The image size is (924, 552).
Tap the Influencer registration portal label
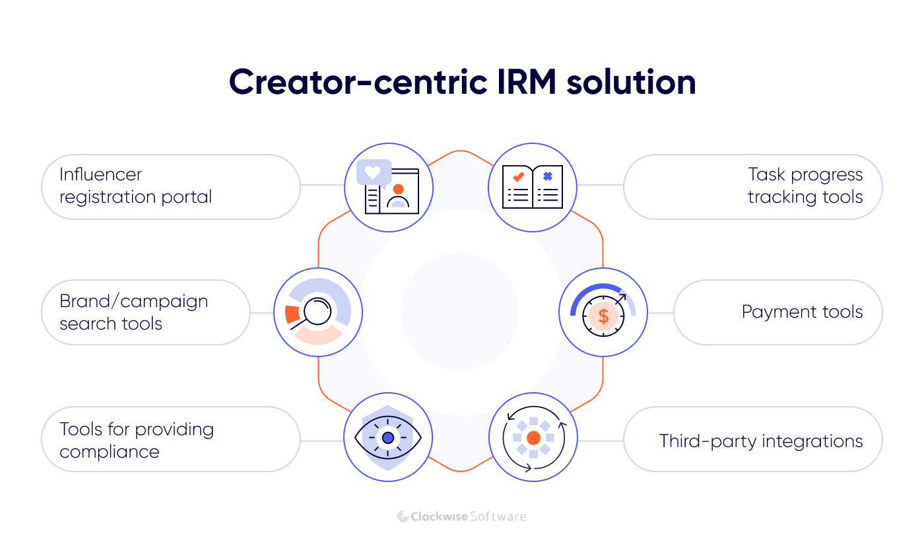click(135, 186)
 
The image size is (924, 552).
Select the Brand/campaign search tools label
click(133, 312)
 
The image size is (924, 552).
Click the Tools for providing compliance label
click(137, 440)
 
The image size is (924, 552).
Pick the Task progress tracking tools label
click(805, 186)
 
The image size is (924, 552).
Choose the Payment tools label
click(802, 312)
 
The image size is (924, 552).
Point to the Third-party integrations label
click(760, 441)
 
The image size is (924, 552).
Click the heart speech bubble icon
click(373, 172)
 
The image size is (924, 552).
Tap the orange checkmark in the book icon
click(518, 177)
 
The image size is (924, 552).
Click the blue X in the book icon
click(547, 176)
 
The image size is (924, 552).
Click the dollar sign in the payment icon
click(603, 316)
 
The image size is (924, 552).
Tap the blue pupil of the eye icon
click(387, 438)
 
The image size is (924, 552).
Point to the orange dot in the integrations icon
click(533, 438)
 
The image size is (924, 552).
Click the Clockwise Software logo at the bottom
click(461, 516)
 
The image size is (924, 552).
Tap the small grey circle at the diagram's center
click(460, 312)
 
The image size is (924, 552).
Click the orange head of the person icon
click(398, 189)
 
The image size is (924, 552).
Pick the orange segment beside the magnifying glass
click(292, 314)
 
